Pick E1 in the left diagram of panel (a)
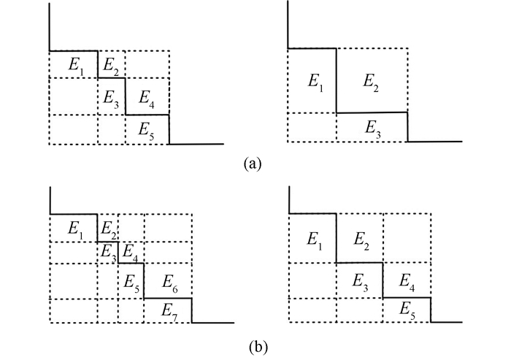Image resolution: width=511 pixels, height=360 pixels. [77, 65]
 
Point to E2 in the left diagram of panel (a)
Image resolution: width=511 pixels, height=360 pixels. [111, 65]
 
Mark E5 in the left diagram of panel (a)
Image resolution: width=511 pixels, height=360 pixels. [147, 129]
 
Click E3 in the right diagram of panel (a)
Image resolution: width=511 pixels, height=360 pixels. [372, 128]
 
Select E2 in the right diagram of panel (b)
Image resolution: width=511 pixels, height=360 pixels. [360, 239]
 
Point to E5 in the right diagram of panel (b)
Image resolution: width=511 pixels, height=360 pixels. [407, 309]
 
